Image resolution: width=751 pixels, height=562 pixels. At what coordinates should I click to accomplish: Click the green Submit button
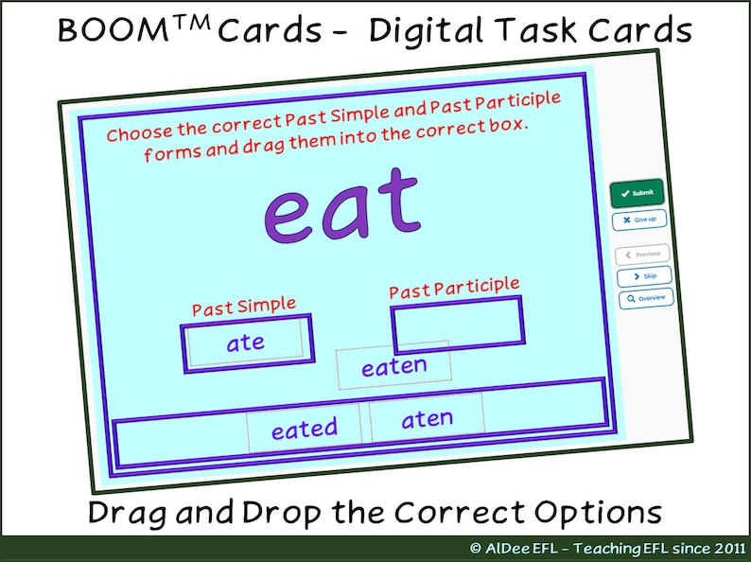[x=637, y=193]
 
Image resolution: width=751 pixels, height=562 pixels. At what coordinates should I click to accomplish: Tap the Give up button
[x=639, y=220]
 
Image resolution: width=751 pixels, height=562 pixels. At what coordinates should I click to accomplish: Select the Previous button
[x=642, y=255]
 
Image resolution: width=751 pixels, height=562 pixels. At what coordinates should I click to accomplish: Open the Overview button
[x=646, y=299]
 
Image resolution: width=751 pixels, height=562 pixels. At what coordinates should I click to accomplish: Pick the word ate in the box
[x=246, y=342]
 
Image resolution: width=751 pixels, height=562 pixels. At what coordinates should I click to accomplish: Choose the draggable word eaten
[x=394, y=366]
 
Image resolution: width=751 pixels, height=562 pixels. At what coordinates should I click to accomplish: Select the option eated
[x=304, y=429]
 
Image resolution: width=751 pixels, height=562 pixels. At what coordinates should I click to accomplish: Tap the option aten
[x=427, y=418]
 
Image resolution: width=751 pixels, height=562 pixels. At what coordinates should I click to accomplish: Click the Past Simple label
[x=244, y=307]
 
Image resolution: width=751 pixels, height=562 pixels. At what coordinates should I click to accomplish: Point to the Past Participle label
[x=454, y=288]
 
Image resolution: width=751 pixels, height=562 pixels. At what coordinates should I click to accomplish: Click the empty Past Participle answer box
[x=458, y=323]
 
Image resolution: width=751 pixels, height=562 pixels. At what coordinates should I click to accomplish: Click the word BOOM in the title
[x=101, y=30]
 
